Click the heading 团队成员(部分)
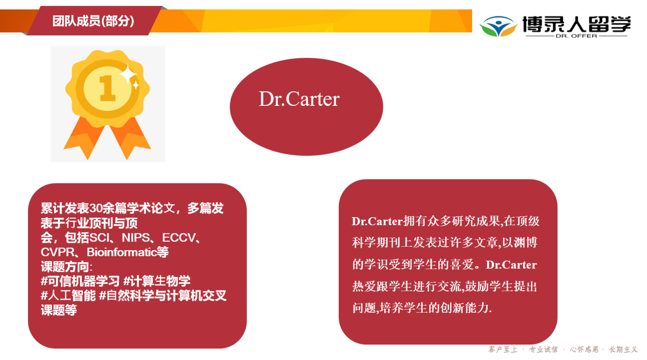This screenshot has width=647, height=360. coord(93,21)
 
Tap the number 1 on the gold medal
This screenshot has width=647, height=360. coord(107,88)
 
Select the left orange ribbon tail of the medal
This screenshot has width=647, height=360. coord(84,138)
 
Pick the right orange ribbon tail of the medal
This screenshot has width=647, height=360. coord(130,138)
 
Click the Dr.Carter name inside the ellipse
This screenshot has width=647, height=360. coord(299,99)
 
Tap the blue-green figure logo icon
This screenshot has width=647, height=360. coord(498,26)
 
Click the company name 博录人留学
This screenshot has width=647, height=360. coord(576,24)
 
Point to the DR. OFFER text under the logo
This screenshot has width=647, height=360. coord(576,36)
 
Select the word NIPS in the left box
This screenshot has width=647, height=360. coord(136,238)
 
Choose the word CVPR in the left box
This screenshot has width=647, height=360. coord(57,252)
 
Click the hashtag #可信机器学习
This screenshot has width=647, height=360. coord(80,281)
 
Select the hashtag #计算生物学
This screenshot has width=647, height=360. coord(157,281)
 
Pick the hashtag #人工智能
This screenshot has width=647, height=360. coord(68,295)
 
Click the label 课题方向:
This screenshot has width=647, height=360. coord(67,266)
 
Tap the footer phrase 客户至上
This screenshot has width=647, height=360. coord(503,350)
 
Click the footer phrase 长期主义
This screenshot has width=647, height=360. coord(623,350)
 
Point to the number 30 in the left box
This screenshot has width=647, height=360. coord(96,208)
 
